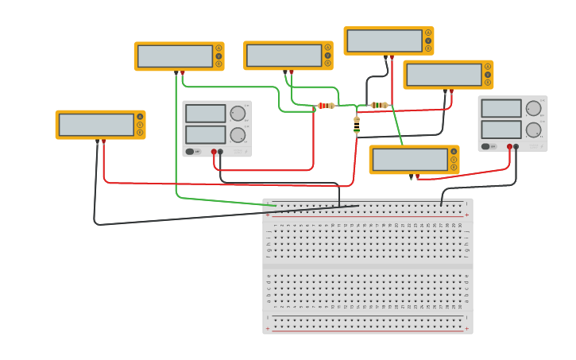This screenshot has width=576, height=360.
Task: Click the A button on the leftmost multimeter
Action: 140,117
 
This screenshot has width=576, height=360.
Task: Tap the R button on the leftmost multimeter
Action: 140,133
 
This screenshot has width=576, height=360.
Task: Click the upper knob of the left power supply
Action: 238,114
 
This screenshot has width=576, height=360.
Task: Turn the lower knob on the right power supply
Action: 533,130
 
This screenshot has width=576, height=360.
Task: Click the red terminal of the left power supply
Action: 214,151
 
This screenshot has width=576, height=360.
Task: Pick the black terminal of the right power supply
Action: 516,146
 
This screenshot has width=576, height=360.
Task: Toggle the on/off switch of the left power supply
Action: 191,151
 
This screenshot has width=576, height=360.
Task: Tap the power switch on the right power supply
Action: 486,146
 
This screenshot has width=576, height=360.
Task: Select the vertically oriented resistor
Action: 357,125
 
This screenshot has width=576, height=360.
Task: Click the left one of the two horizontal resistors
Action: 326,106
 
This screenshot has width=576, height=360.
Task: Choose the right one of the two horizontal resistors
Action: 380,105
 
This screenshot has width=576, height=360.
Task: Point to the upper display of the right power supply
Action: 501,108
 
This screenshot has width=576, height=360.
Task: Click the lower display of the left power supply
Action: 205,134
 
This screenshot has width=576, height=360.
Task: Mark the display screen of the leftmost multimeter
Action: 96,125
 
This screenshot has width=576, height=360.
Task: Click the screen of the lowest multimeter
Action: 410,160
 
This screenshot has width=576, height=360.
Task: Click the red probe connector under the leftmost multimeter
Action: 103,141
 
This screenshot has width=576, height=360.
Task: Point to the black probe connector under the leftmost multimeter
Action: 97,141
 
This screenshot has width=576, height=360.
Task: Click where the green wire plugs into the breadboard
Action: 276,205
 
